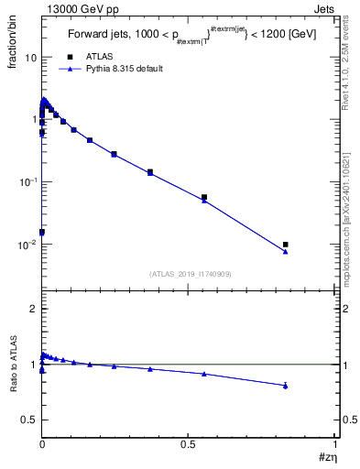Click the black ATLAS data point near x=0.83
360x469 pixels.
click(x=286, y=245)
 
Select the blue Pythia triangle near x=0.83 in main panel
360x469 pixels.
click(x=286, y=252)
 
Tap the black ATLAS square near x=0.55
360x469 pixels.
click(x=204, y=197)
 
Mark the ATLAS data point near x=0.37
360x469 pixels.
click(x=149, y=171)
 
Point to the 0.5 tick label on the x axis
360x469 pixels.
click(x=188, y=442)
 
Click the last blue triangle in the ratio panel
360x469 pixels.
click(x=286, y=386)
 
